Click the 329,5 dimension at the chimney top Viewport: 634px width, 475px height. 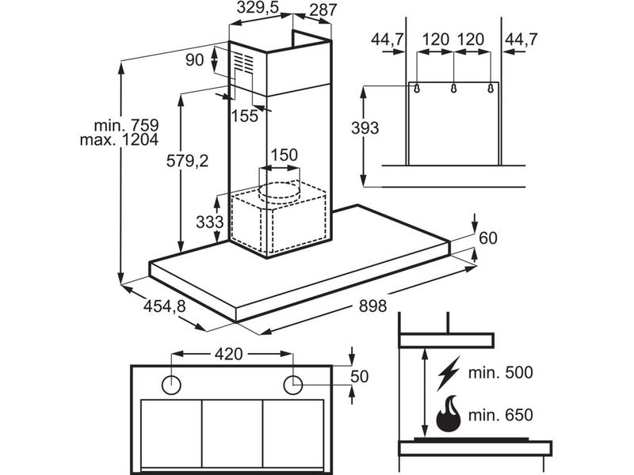(x=258, y=7)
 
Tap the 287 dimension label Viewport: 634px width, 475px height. (x=323, y=9)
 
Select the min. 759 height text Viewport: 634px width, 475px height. (x=126, y=125)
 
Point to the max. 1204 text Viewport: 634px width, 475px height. (x=120, y=140)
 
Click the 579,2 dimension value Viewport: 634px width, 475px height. (x=187, y=161)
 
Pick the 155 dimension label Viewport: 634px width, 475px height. (x=245, y=116)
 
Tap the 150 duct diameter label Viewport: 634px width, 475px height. (x=284, y=154)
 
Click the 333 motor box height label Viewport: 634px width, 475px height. (x=209, y=222)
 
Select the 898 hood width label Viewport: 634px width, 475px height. (x=372, y=306)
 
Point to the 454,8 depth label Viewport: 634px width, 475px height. (x=165, y=306)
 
